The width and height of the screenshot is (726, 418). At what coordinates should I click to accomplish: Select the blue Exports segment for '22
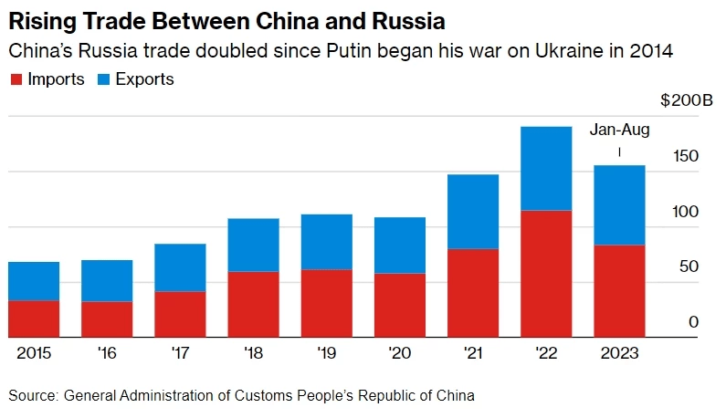coord(546,168)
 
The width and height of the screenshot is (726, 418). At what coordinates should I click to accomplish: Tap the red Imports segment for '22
coord(546,274)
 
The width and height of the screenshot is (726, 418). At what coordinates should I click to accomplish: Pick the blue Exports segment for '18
coord(253,245)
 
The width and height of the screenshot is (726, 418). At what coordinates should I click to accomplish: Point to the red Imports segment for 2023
coord(619,291)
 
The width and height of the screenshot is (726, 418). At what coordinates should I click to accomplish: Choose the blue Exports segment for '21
coord(473,211)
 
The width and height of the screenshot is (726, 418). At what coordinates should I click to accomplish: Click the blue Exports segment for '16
coord(107,280)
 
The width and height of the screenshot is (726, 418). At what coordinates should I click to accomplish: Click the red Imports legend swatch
coord(16,79)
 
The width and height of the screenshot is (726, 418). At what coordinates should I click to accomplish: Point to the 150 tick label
coord(686,156)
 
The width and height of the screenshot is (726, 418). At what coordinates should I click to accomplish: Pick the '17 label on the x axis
coord(180,352)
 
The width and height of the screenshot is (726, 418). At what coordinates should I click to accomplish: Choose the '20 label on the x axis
coord(399,352)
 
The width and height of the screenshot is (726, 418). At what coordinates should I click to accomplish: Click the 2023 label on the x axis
coord(619,352)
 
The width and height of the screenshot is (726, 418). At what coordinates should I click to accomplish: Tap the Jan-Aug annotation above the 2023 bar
coord(620,130)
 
